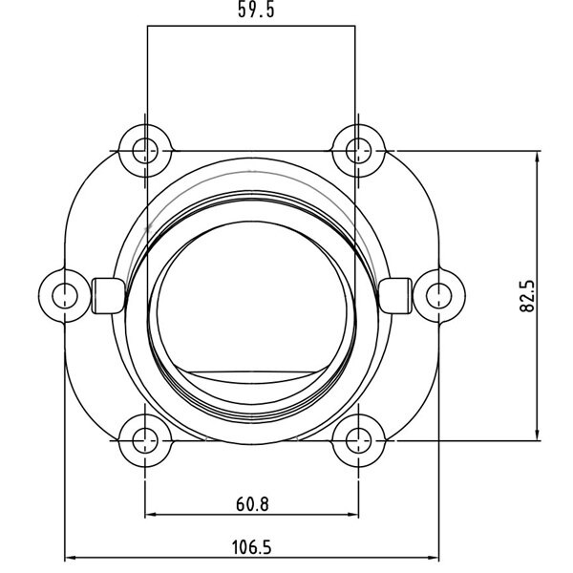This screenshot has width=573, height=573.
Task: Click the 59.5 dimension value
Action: (x=256, y=10)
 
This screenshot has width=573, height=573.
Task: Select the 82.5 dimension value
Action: (x=527, y=296)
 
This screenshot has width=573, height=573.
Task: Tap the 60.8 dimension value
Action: (x=252, y=504)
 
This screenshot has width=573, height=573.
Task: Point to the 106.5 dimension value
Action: (x=252, y=547)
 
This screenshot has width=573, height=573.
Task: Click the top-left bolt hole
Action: (x=145, y=151)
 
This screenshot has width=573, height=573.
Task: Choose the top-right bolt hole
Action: (x=359, y=151)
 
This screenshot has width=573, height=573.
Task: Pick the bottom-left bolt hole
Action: (x=145, y=441)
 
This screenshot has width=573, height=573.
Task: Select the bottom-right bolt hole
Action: (x=359, y=441)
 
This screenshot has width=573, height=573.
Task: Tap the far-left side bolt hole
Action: (x=65, y=296)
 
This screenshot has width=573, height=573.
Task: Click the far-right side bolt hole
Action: (x=439, y=296)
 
